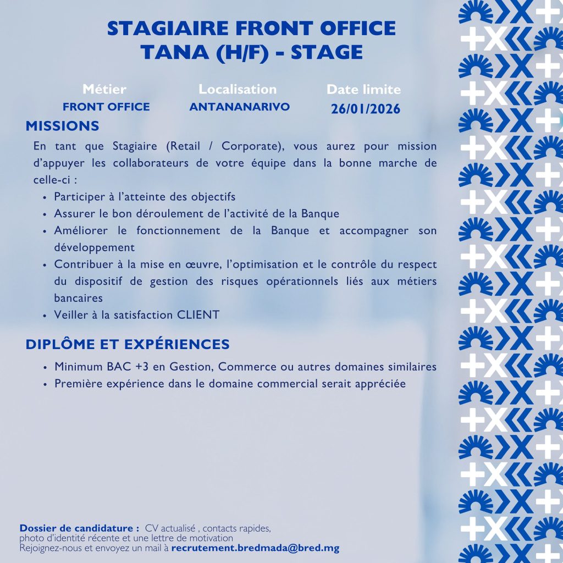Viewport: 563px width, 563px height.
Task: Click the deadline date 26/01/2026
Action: [x=365, y=109]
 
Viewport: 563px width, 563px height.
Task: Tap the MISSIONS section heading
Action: [x=63, y=126]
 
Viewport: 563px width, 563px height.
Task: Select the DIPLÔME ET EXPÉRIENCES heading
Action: [x=128, y=345]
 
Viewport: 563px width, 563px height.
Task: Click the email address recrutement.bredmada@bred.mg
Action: [x=255, y=548]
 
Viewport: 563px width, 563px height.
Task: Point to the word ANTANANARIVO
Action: [x=239, y=107]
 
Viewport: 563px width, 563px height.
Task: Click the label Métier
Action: [x=104, y=89]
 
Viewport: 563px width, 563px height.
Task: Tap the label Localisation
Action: [x=238, y=89]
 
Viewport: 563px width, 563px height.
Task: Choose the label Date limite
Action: [x=363, y=90]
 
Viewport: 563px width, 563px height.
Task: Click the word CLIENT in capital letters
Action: [x=198, y=315]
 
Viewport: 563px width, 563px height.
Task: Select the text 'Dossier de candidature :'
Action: [x=79, y=528]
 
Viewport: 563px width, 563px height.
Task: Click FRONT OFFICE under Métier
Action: [x=106, y=107]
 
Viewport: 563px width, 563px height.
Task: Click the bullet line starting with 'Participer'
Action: [x=145, y=197]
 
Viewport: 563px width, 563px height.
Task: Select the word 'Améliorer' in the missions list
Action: [x=81, y=230]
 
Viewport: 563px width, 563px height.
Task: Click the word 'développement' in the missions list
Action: [x=94, y=247]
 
